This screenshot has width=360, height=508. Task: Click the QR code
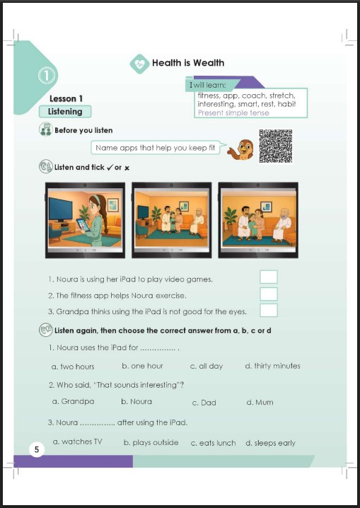tap(276, 146)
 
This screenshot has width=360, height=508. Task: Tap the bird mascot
tap(240, 150)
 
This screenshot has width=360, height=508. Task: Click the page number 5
tap(37, 450)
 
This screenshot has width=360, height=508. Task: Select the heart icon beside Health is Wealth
tap(139, 64)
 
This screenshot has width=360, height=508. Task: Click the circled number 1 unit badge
tap(47, 76)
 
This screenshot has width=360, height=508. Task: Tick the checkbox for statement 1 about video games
tap(269, 277)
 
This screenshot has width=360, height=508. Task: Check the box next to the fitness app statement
tap(269, 294)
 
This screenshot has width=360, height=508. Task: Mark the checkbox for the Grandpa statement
tap(269, 310)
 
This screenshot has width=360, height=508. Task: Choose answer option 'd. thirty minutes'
tap(272, 366)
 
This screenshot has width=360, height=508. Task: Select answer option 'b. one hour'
tap(142, 366)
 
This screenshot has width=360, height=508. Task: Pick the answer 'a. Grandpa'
tap(73, 401)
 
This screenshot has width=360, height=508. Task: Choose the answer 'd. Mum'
tap(260, 403)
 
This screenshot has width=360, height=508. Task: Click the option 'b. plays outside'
tap(151, 443)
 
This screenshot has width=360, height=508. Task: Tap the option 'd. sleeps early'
tap(270, 443)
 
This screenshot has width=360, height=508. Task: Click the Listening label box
tap(65, 112)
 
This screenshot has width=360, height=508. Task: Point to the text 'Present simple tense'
tap(233, 112)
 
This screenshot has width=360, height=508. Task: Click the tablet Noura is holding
tap(83, 224)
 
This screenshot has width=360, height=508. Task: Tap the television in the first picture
tap(61, 209)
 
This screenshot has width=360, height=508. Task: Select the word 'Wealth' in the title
tap(209, 63)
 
